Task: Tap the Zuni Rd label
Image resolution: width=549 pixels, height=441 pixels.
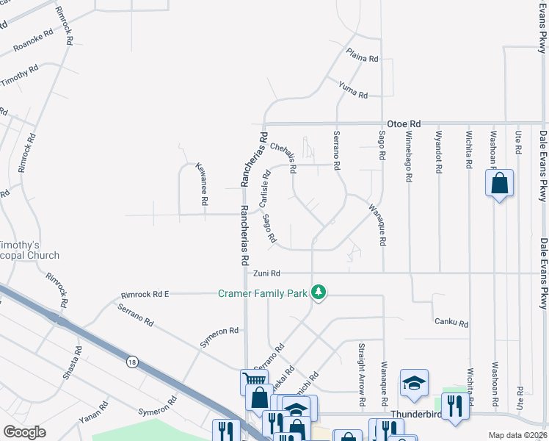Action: tap(267, 273)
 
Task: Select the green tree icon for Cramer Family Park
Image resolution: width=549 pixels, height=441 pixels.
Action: tap(319, 293)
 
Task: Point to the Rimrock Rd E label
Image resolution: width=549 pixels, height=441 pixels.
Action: tap(145, 295)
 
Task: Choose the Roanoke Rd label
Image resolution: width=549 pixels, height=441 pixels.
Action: tap(34, 43)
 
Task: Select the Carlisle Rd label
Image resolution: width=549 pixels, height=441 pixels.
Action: tap(266, 188)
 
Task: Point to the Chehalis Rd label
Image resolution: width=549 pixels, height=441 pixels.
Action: tap(283, 157)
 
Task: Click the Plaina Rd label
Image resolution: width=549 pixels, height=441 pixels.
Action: tap(363, 58)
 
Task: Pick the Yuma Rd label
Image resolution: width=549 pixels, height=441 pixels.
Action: tap(353, 92)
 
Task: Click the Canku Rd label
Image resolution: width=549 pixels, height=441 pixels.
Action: tap(451, 322)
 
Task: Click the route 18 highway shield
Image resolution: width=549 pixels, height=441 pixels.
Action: tap(131, 362)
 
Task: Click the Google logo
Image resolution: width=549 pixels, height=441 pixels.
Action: tap(25, 432)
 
